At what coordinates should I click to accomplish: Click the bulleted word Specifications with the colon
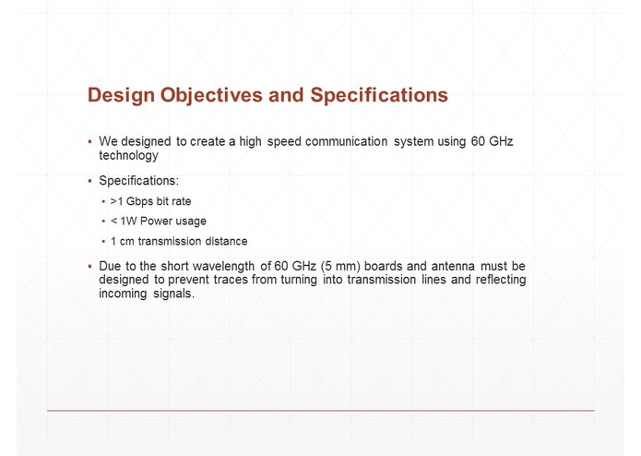(139, 181)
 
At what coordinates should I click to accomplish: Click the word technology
(128, 156)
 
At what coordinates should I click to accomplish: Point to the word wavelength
(222, 267)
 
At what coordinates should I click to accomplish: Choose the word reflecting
(498, 280)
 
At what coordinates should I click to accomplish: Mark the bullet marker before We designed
(89, 142)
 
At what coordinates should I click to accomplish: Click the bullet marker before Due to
(89, 267)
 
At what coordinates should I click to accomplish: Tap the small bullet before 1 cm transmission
(103, 242)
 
